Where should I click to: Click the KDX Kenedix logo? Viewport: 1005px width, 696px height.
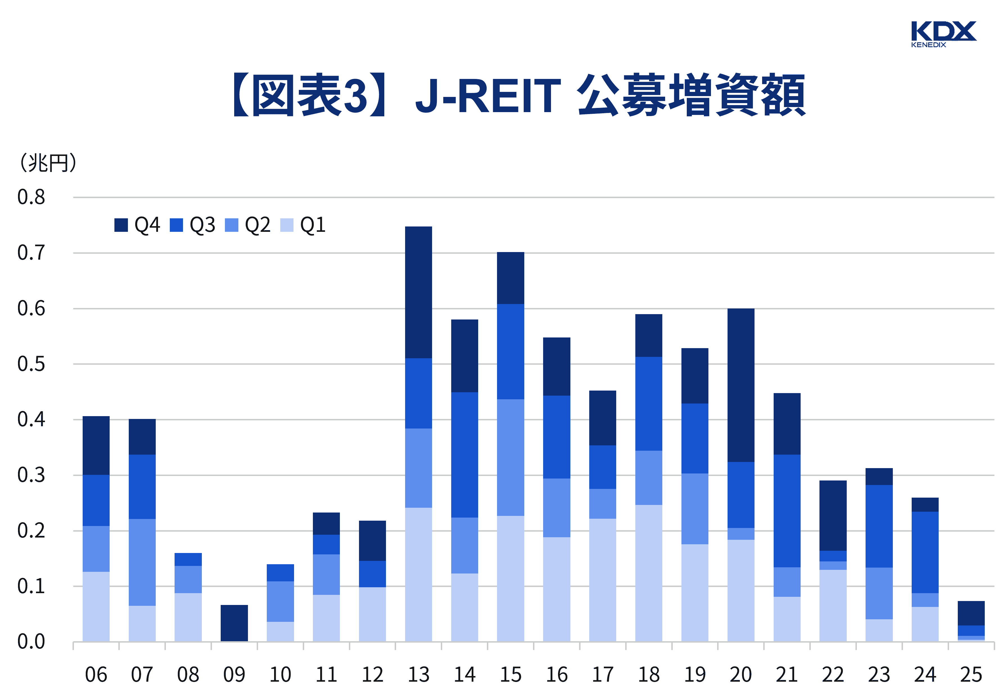pos(943,34)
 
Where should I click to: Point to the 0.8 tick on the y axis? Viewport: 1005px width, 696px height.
pos(31,197)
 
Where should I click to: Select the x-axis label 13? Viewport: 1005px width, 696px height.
pos(418,675)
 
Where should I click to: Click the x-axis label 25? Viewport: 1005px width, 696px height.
pos(971,675)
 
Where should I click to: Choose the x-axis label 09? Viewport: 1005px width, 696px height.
pos(234,675)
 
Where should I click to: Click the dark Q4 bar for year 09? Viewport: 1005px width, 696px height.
pos(234,623)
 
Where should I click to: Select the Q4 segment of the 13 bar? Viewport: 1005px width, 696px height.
pos(418,292)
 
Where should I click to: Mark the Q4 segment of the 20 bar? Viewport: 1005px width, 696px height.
pos(741,385)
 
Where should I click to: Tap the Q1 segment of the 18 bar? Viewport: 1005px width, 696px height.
pos(649,573)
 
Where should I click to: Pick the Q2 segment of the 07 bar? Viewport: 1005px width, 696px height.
pos(142,562)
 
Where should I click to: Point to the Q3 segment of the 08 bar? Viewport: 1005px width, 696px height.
pos(188,559)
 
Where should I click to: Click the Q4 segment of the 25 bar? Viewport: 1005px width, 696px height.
pos(971,613)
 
